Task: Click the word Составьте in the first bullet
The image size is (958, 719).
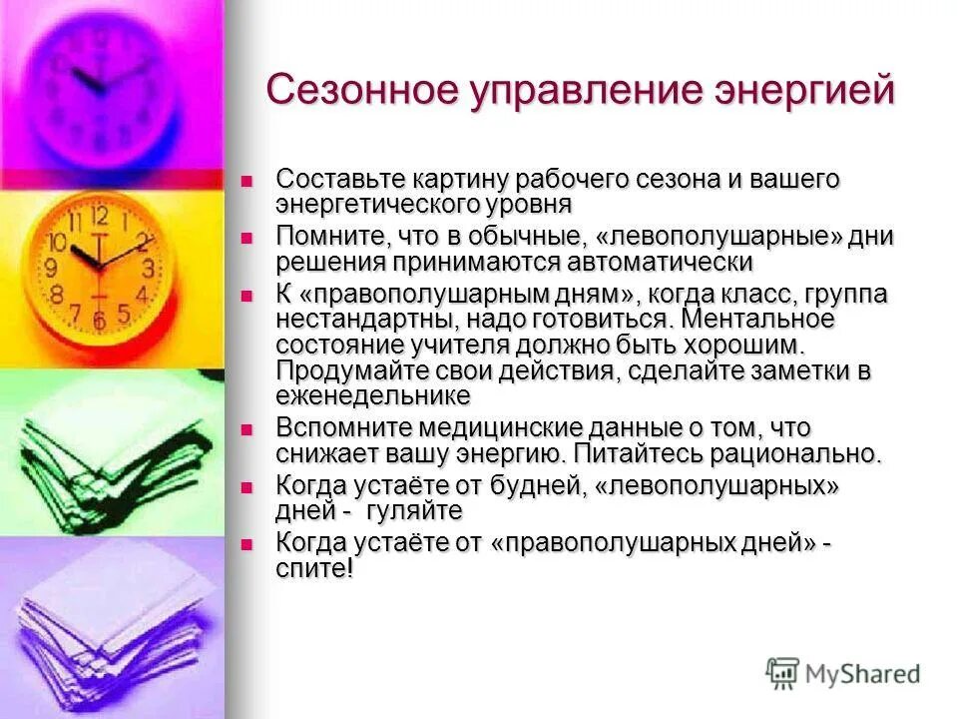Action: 338,180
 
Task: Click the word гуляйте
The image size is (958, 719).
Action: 414,511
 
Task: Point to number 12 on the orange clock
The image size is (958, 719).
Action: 99,215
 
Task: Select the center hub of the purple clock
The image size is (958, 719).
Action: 100,88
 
